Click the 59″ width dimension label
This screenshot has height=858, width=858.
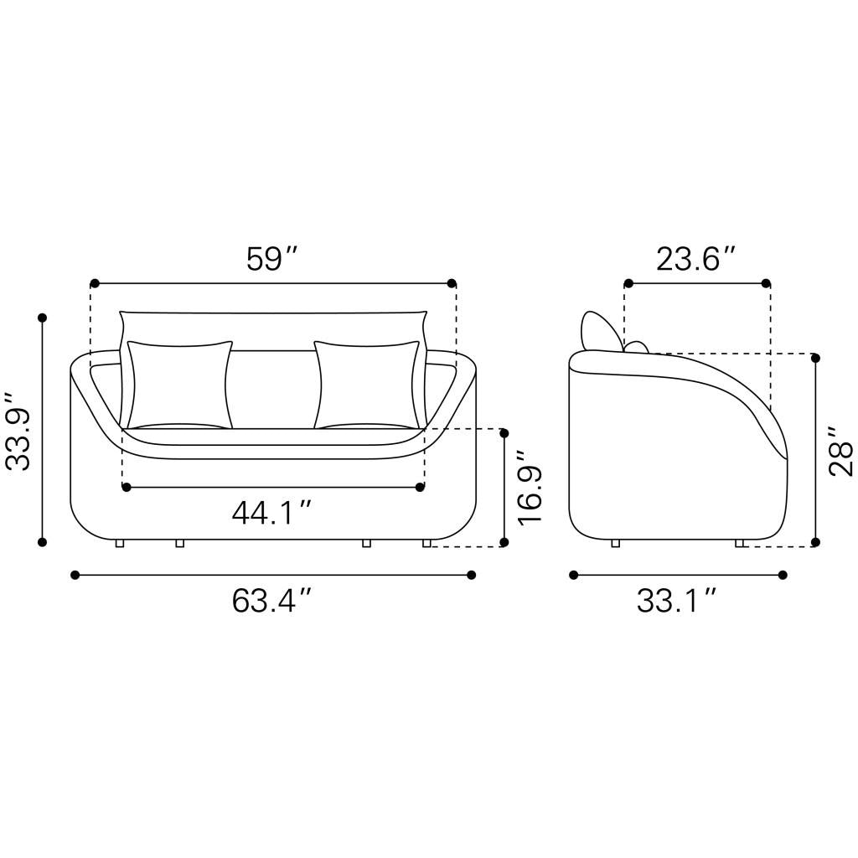272,259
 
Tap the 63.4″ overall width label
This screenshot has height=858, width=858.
272,601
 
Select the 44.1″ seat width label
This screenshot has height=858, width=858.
272,514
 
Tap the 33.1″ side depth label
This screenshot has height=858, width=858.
677,601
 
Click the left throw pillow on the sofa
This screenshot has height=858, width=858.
179,385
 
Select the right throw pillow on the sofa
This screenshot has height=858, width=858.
368,385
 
